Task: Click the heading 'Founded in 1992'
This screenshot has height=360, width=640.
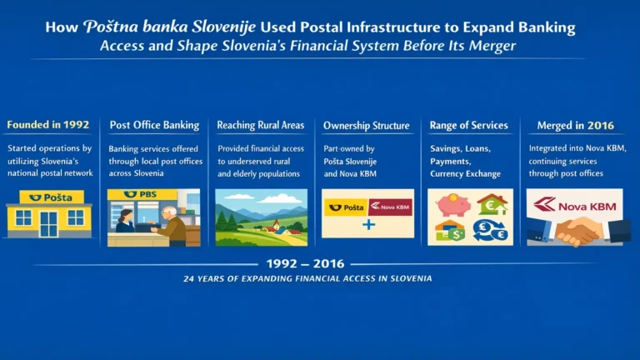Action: coord(48,125)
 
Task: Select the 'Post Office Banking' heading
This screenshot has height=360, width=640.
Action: coord(154,125)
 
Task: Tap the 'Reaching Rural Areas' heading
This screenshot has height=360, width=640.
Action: coord(261,125)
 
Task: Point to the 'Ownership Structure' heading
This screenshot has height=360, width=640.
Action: coord(367,126)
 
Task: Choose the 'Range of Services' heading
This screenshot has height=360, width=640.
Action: coord(468,125)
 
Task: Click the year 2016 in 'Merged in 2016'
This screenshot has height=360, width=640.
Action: coord(598,126)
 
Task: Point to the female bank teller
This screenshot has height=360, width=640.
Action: coord(126,222)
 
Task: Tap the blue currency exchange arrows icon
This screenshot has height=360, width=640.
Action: coord(491,231)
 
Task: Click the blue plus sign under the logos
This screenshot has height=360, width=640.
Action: coord(367,226)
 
